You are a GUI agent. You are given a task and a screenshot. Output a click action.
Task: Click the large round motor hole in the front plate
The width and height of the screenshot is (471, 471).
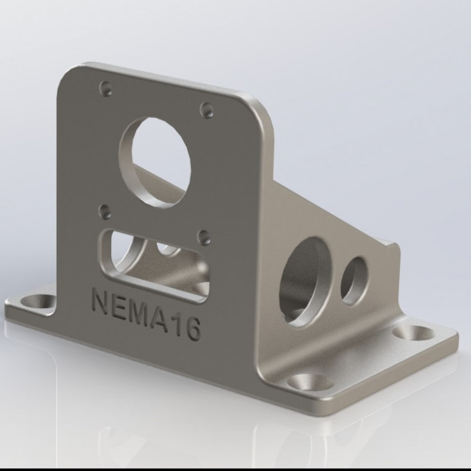[x=155, y=161]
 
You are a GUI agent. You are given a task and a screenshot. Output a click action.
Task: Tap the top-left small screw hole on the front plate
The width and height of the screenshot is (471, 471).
[x=105, y=88]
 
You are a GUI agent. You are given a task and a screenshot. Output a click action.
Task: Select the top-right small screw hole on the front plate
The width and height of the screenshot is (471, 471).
[x=207, y=110]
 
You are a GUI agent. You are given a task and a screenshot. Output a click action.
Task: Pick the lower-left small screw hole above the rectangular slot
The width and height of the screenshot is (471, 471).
[x=105, y=211]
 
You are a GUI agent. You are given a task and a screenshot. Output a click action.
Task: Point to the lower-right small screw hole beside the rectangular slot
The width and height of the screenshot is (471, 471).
[x=204, y=237]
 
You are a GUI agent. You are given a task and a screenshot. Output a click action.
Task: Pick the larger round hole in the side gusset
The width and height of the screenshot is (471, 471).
[x=305, y=281]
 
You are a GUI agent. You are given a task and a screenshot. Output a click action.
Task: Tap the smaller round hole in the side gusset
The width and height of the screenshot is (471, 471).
[x=354, y=280]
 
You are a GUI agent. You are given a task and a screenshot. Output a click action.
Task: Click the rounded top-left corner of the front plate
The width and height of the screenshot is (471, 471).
[x=71, y=73]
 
